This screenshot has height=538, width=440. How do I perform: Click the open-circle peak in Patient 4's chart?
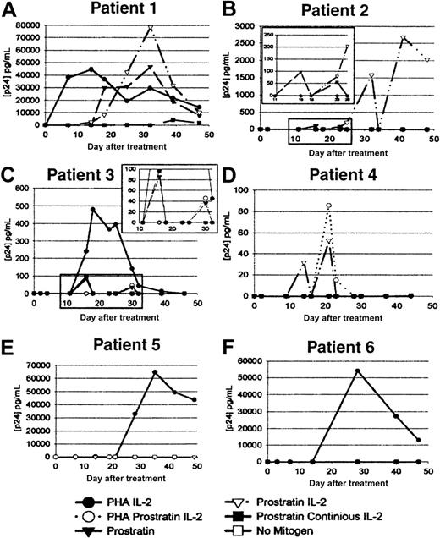click(x=328, y=206)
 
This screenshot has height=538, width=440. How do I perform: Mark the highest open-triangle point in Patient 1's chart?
click(x=151, y=29)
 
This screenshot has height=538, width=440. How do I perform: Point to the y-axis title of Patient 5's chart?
click(x=8, y=409)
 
